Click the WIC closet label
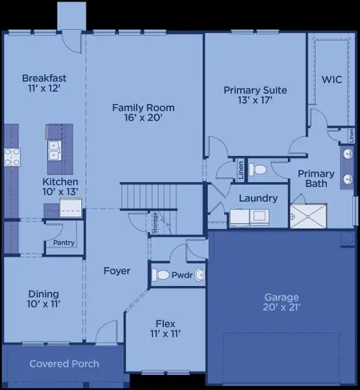(332, 79)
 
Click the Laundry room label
(258, 198)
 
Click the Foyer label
(117, 270)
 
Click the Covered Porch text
(64, 363)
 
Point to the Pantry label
(64, 243)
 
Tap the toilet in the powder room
(160, 275)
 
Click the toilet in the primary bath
(259, 170)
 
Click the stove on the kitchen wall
(12, 156)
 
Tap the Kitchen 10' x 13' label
(60, 187)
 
